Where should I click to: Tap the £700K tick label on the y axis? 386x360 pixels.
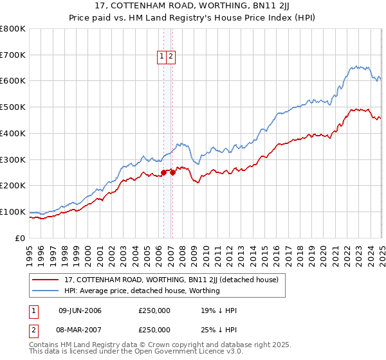point(13,55)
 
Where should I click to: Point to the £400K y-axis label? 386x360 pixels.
point(13,134)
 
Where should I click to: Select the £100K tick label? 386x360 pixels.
point(13,212)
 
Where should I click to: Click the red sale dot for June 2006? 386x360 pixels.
point(163,172)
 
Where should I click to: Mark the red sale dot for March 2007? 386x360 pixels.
point(172,172)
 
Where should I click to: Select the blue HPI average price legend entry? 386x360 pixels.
point(142,291)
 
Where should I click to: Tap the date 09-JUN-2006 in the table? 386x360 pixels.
point(80,311)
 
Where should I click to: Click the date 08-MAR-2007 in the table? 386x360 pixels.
point(80,330)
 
